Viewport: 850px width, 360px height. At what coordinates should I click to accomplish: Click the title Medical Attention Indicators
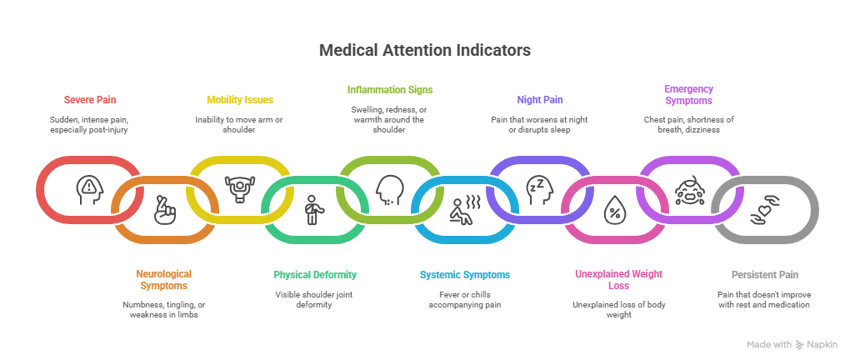pos(424,51)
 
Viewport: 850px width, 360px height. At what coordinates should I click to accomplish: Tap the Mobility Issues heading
pos(239,100)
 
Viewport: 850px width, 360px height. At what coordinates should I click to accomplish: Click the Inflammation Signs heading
pos(390,89)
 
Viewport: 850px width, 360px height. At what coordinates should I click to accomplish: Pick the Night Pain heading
pos(540,100)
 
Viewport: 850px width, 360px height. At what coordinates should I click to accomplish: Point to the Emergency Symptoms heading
pos(688,94)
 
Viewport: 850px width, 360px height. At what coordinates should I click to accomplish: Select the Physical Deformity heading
pos(315,274)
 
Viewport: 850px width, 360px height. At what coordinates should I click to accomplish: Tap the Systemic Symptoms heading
pos(463,274)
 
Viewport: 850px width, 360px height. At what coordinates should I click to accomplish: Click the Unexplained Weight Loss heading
pos(613,279)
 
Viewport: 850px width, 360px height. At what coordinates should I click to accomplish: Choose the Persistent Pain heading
pos(764,274)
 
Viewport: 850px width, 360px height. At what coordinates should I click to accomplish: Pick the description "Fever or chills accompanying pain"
pos(463,299)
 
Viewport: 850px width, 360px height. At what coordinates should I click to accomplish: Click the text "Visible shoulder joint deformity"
pos(315,299)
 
